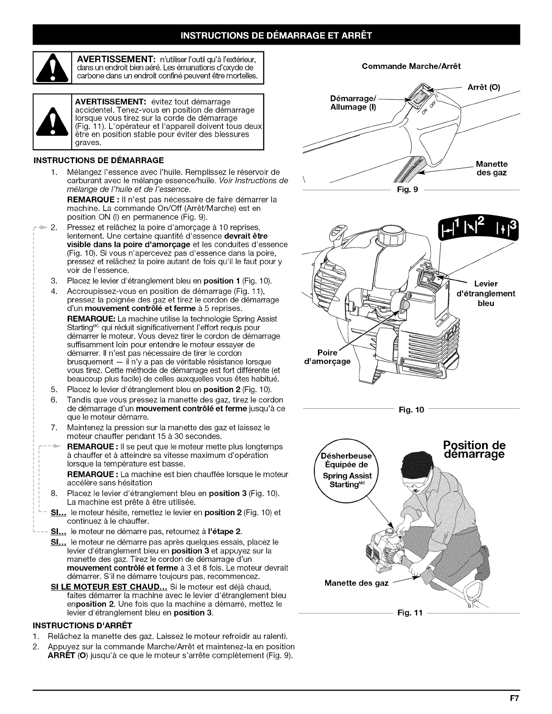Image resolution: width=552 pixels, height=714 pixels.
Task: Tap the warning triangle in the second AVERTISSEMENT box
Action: (x=53, y=123)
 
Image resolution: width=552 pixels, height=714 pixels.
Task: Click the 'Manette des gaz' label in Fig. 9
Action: (x=492, y=168)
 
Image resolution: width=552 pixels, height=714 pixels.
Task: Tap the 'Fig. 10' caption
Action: (x=410, y=410)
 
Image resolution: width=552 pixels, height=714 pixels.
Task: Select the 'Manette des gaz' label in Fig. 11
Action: (x=356, y=583)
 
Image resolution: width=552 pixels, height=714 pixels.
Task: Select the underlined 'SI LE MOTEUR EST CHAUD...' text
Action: (x=108, y=586)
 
